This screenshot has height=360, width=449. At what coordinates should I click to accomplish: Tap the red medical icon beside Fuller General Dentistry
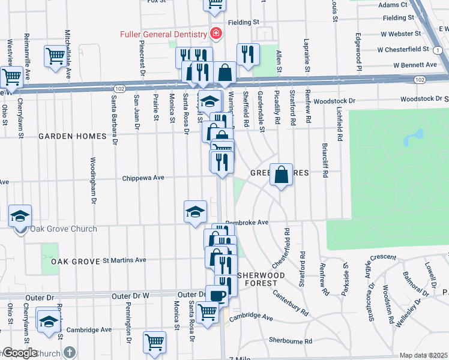[215, 34]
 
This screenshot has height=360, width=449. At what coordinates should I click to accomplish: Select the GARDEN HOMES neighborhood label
[73, 136]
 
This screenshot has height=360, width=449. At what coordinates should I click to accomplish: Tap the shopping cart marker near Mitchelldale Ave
[55, 57]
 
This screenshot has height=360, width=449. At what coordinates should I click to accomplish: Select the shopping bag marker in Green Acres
[281, 175]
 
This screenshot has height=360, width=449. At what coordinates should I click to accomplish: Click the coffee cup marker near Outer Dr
[217, 296]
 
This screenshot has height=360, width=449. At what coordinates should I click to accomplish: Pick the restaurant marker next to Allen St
[247, 55]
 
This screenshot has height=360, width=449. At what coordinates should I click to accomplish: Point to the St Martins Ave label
[124, 260]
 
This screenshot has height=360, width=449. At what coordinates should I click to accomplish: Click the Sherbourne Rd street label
[291, 341]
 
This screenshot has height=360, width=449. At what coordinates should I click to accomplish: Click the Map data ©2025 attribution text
[423, 355]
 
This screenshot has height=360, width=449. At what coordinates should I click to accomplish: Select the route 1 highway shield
[440, 52]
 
